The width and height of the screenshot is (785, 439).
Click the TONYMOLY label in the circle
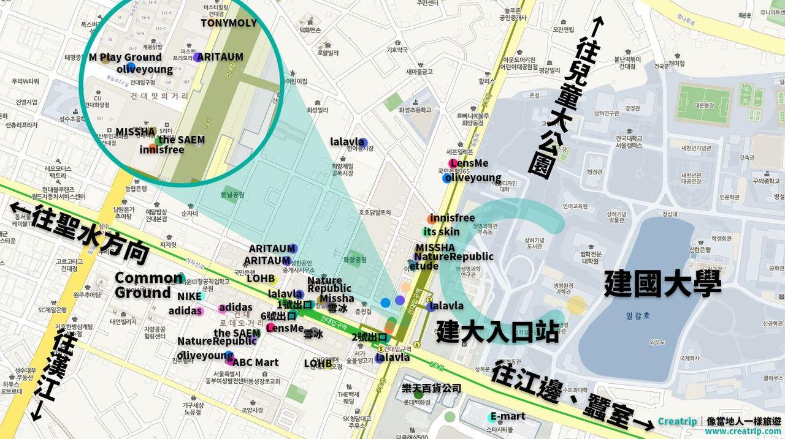(x=228, y=23)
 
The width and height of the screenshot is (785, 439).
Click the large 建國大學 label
(x=662, y=284)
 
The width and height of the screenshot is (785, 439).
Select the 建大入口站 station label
(x=497, y=332)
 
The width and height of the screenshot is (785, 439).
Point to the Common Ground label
(x=148, y=285)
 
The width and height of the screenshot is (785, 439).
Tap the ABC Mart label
(x=255, y=362)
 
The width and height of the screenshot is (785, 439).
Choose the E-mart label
(x=508, y=416)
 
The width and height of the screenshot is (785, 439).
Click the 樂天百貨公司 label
(x=431, y=388)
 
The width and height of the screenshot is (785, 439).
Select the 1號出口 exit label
(x=295, y=304)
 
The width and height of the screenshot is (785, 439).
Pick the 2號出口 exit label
(x=369, y=337)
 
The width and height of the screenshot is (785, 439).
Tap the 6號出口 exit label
(x=279, y=316)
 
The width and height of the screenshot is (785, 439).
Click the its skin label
(x=441, y=232)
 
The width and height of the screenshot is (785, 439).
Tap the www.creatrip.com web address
(x=743, y=432)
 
